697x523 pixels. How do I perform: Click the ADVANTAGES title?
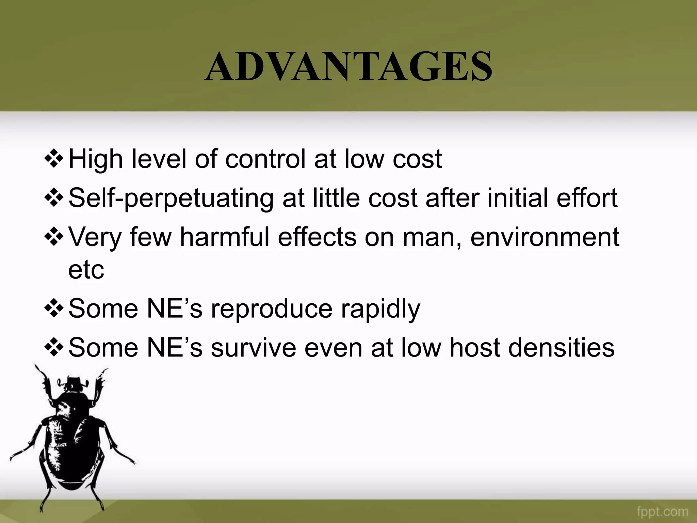pos(348,66)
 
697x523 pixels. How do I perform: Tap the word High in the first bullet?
pos(96,159)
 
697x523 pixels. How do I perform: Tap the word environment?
pos(545,237)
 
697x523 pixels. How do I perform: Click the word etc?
pos(86,270)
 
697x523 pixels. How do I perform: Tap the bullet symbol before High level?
pos(54,159)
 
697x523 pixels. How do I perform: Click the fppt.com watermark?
pos(662,512)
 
